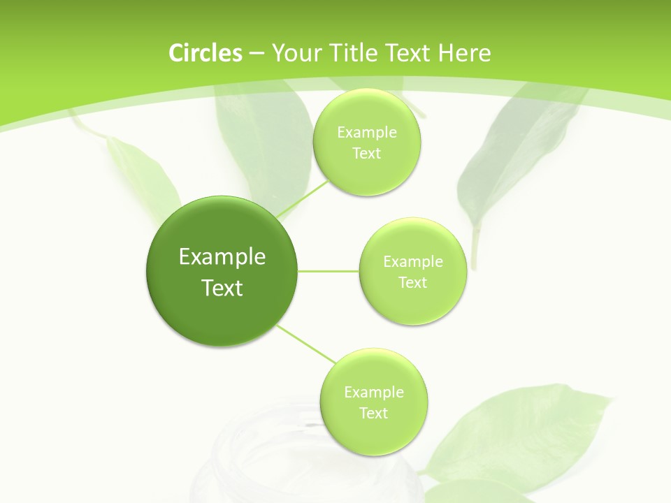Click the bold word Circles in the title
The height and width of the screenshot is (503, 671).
[205, 53]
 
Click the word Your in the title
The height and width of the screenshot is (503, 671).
[294, 53]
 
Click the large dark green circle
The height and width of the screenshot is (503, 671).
[222, 271]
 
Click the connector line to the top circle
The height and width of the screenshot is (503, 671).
[303, 198]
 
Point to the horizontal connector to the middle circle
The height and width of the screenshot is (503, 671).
[329, 271]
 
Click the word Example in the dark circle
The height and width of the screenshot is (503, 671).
[222, 257]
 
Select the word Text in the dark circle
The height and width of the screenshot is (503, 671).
[222, 288]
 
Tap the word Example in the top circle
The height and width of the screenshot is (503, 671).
[367, 132]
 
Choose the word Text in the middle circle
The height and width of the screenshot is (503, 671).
[412, 282]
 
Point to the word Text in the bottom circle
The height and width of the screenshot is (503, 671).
[373, 413]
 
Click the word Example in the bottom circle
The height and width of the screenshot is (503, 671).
[374, 392]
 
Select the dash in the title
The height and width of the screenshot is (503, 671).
[256, 53]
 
